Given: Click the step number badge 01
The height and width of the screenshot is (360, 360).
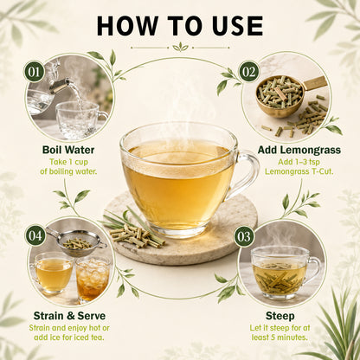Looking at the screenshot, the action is coord(35,72).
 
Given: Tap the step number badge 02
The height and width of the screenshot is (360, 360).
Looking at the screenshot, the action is coord(249,71).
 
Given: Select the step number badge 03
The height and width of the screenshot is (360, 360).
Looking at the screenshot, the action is coord(244,236).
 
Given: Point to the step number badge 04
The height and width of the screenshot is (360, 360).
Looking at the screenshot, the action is coord(35,235).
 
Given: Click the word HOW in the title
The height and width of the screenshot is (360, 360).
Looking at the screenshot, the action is coord(127,26).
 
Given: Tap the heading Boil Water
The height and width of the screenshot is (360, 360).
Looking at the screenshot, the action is coord(68,150).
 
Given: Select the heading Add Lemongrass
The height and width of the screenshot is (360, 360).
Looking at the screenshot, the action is coord(299,150).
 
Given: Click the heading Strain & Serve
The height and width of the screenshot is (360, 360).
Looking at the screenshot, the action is coord(69,316).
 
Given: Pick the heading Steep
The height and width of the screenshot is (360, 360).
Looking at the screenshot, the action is coord(280,316).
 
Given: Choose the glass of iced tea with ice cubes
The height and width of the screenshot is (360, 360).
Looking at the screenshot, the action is coord(93,280).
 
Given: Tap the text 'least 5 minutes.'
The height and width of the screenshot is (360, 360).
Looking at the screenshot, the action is coord(280,337).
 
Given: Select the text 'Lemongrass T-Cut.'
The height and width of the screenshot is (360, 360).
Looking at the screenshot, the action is coord(299,171).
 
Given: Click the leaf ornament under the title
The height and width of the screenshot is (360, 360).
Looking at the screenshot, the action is coord(180,48).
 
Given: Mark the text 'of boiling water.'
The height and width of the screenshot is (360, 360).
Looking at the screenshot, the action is coord(68,171).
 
